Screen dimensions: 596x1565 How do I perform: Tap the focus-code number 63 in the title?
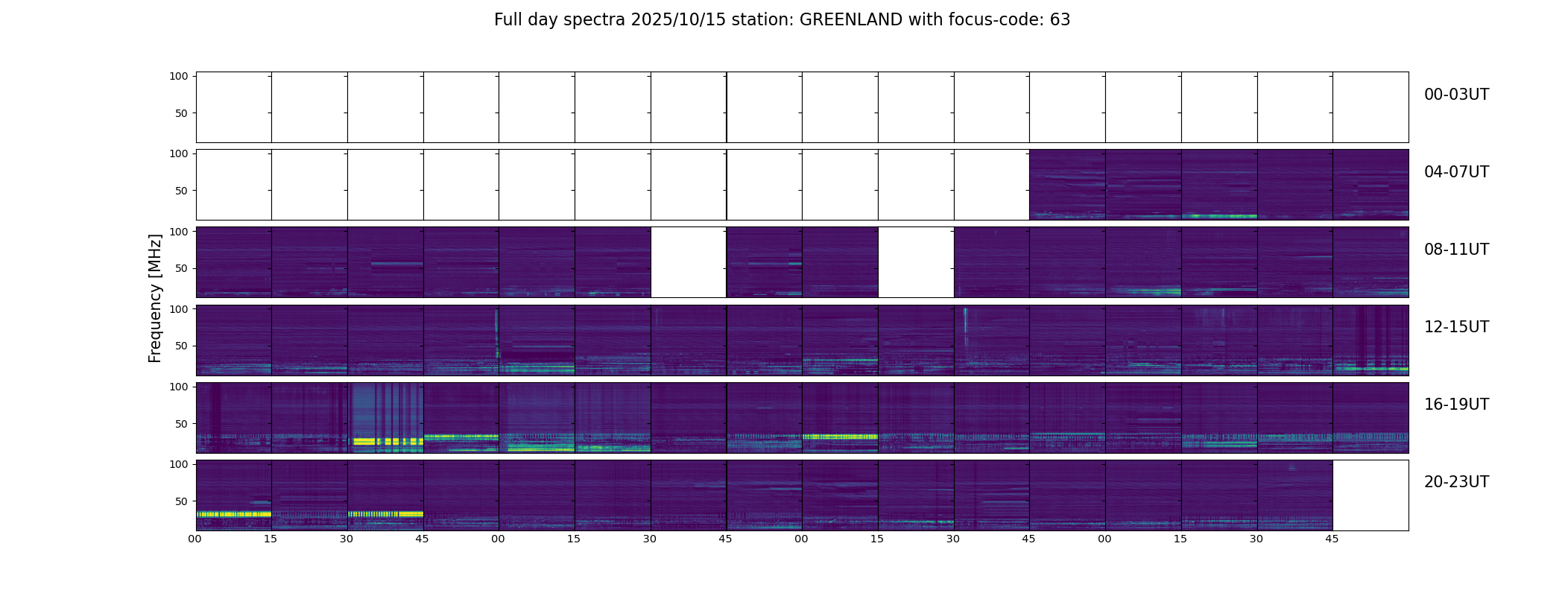(x=1060, y=20)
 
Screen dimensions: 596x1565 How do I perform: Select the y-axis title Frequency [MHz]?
(x=155, y=298)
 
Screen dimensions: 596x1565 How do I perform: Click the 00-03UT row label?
(x=1456, y=95)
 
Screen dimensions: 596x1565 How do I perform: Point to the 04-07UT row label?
(x=1456, y=172)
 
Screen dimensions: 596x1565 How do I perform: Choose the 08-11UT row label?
(x=1456, y=250)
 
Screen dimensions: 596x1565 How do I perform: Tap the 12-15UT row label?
(x=1456, y=327)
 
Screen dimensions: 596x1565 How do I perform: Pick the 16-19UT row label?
(x=1456, y=405)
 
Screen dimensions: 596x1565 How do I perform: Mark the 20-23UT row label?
(x=1456, y=482)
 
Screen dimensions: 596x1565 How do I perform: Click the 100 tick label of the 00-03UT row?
(x=179, y=76)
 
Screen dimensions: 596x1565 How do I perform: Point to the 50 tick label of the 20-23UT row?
(x=182, y=501)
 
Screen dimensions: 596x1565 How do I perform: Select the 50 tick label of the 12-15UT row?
(x=182, y=346)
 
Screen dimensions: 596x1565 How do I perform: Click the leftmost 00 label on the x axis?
(x=195, y=539)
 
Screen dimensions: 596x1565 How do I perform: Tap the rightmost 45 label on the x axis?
(x=1332, y=539)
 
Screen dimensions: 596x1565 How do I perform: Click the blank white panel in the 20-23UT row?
(x=1370, y=495)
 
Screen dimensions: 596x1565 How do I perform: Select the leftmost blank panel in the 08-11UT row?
(x=689, y=262)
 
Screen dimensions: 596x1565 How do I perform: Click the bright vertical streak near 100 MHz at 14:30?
(x=966, y=320)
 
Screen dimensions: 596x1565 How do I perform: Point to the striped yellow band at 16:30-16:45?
(x=386, y=442)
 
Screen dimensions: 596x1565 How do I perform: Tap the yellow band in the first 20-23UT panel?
(x=233, y=514)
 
